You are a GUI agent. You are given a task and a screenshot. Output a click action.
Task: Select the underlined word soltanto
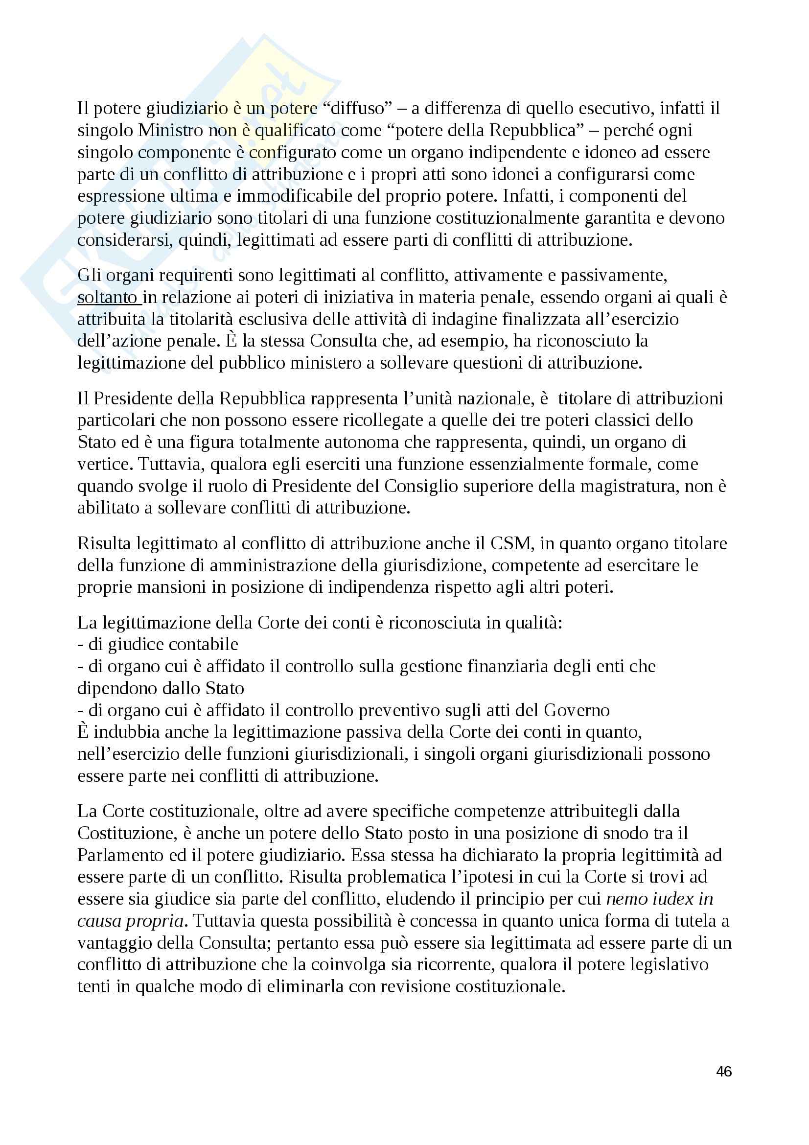(107, 297)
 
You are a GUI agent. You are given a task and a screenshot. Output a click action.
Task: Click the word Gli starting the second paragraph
(89, 275)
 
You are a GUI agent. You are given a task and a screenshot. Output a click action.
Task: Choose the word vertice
(103, 464)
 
